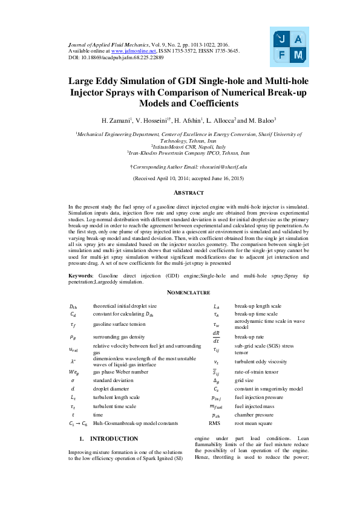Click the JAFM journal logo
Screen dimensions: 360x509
coord(290,46)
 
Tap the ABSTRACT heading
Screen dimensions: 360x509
coord(180,193)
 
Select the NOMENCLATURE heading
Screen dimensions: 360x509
coord(180,293)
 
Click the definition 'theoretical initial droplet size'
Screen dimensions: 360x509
coord(124,306)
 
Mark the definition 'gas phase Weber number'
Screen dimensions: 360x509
coord(120,372)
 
